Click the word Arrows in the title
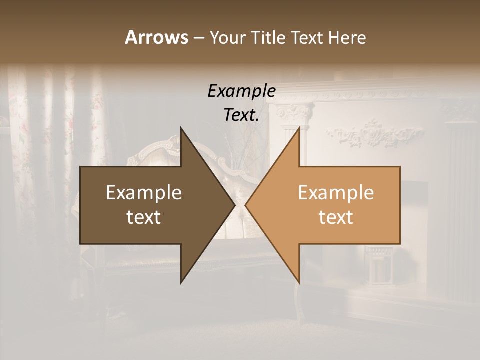156,37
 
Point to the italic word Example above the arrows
241,91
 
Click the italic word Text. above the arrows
241,115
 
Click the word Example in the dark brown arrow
144,193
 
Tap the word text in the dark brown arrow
144,217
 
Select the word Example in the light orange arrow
336,193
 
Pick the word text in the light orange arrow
336,217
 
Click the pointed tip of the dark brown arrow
234,205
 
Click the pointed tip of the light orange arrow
246,205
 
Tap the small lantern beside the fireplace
378,265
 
